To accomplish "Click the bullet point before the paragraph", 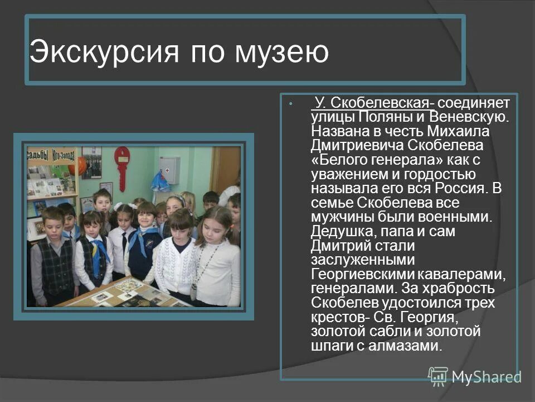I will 291,104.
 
